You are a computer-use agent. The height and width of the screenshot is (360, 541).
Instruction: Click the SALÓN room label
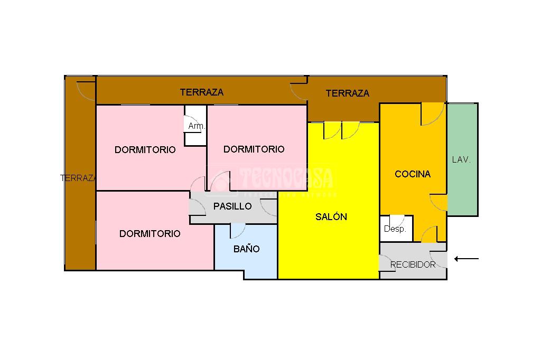pos(331,216)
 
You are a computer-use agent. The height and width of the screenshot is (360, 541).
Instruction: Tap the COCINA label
pos(413,174)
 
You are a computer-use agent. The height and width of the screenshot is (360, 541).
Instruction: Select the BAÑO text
pos(247,249)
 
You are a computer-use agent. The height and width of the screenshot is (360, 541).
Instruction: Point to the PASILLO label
pos(232,206)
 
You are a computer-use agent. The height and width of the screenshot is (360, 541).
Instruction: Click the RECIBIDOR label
pos(413,264)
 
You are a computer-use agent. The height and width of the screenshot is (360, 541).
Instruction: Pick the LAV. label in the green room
pos(461,159)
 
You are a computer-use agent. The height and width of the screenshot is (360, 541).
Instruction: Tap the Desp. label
pos(395,229)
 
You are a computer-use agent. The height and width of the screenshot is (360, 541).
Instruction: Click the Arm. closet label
pos(197,127)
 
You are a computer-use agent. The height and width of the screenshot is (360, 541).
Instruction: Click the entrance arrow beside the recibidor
pos(467,259)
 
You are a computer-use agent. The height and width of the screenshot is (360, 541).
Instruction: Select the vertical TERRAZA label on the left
pos(78,178)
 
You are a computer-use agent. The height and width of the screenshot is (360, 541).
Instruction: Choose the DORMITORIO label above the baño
pos(150,233)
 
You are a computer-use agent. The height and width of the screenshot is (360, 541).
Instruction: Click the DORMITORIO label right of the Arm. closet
pos(254,149)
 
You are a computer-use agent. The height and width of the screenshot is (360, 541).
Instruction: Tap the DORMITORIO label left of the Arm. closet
pos(145,149)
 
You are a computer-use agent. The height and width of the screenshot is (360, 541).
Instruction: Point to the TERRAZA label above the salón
pos(347,93)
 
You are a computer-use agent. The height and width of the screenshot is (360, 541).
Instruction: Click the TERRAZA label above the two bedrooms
pos(201,92)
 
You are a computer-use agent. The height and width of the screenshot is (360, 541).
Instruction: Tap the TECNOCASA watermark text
pos(285,178)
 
